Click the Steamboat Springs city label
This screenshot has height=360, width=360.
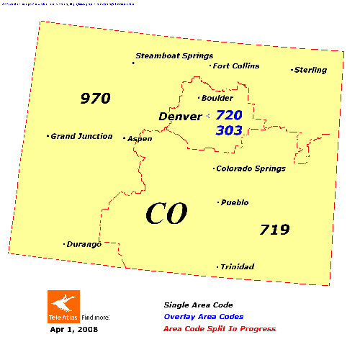point(174,55)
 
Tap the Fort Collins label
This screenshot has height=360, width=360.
point(236,66)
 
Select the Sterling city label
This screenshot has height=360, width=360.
point(310,70)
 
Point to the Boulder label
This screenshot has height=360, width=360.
point(217,98)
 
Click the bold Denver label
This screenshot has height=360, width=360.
point(180,116)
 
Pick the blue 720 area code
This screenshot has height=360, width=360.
point(229,115)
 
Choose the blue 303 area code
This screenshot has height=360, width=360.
point(228,130)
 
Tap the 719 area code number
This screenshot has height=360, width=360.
point(274,230)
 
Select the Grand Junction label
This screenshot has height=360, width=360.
point(81,136)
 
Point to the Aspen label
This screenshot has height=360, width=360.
point(140,138)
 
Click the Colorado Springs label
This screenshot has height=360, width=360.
point(252,168)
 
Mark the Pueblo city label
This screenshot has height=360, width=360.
point(235,202)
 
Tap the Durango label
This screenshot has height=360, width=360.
point(84,244)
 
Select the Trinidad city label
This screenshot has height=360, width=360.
point(237,267)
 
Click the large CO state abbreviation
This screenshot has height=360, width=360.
point(166,213)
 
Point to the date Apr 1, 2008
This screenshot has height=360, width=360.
point(73,330)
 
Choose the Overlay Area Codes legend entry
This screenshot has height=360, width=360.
point(203,317)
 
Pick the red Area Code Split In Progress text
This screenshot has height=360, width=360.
point(219,329)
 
